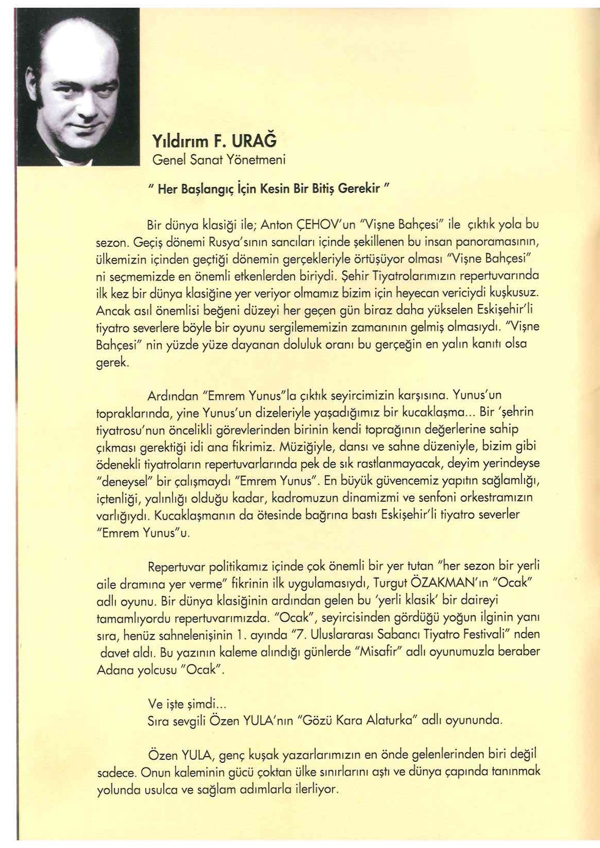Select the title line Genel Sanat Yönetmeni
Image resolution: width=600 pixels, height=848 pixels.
click(219, 160)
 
